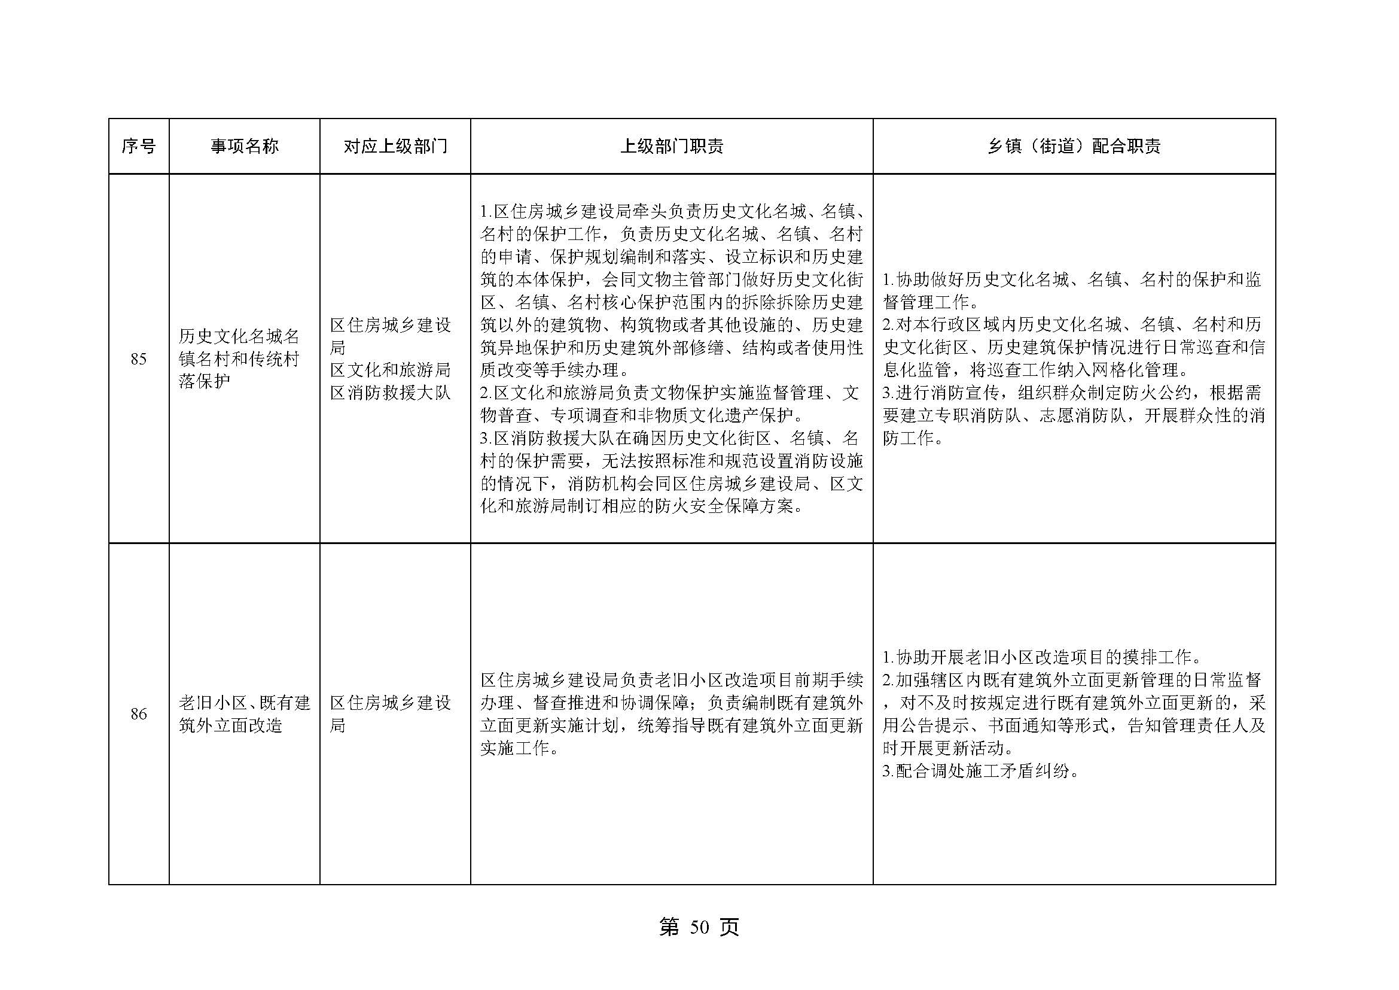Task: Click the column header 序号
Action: [x=138, y=146]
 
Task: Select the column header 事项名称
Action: [x=245, y=146]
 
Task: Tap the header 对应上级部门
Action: [x=395, y=146]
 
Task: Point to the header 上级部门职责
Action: [x=672, y=146]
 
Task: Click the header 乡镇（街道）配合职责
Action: [x=1074, y=146]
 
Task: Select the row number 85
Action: [x=138, y=359]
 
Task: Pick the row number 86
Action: [x=138, y=714]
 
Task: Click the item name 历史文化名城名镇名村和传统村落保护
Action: [x=239, y=359]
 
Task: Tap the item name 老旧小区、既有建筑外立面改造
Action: [x=245, y=714]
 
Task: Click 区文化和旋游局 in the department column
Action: [x=390, y=370]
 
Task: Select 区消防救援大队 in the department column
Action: [x=390, y=393]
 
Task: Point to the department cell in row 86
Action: [x=390, y=714]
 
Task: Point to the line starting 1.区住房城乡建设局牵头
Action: [x=672, y=211]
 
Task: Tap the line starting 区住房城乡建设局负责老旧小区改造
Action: [x=672, y=680]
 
